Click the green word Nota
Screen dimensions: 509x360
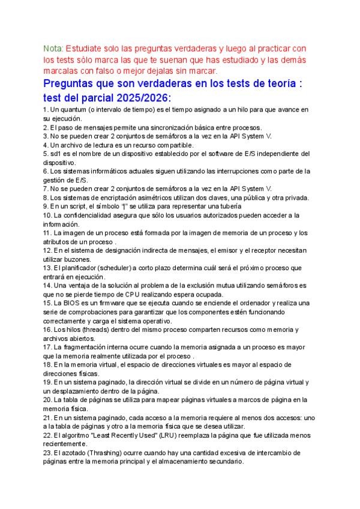point(53,47)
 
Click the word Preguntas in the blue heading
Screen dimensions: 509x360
point(75,84)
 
